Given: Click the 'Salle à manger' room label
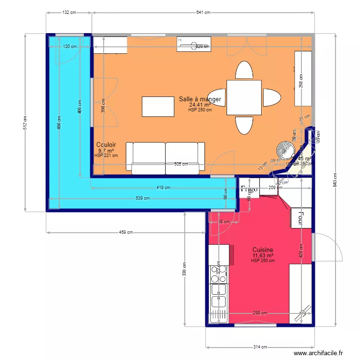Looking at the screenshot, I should click(x=200, y=99).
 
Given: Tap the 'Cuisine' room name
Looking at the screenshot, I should click(x=263, y=250).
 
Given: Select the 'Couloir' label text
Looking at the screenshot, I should click(x=106, y=145).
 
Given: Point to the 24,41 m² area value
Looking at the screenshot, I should click(x=200, y=105).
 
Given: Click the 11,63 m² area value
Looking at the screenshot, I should click(x=263, y=256).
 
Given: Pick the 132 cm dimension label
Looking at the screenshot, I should click(x=69, y=13).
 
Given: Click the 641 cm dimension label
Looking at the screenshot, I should click(x=203, y=13).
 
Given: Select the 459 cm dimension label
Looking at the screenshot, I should click(x=126, y=232).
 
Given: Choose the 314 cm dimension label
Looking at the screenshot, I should click(x=260, y=347).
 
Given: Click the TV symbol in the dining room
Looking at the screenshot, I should click(x=180, y=41).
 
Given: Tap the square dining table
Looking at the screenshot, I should click(x=244, y=97).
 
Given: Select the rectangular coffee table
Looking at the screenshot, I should click(x=158, y=107).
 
